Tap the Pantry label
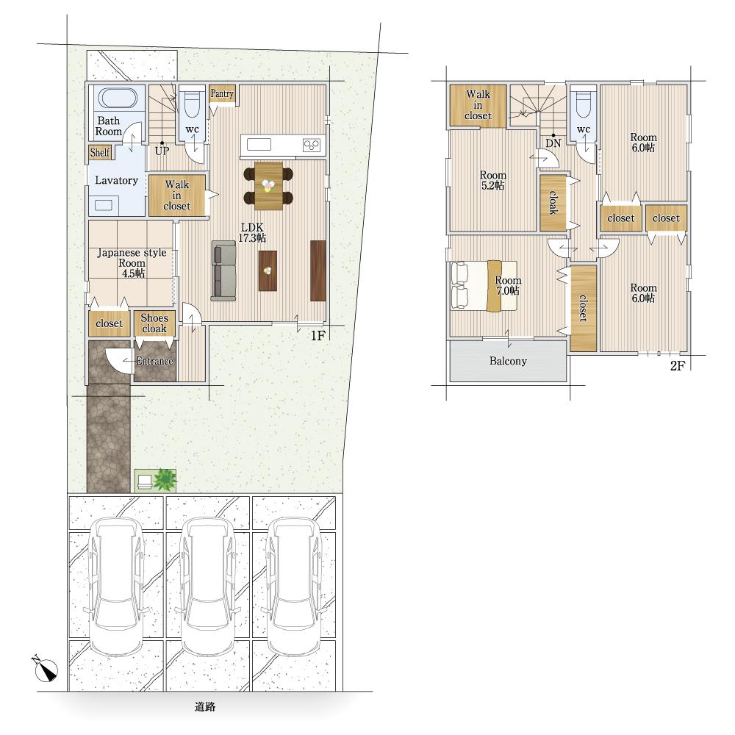tap(222, 93)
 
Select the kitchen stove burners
tap(312, 145)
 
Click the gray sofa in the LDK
tap(223, 270)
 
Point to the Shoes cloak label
tap(154, 323)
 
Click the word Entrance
tap(154, 361)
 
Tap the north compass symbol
tap(46, 668)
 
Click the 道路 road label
tap(205, 706)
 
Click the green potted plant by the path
tap(164, 480)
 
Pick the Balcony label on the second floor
tap(508, 361)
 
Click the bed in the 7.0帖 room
tap(484, 285)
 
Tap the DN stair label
tap(553, 143)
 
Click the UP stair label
tap(162, 151)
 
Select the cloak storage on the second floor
tap(553, 203)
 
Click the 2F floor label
tap(678, 365)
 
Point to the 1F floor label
tap(318, 336)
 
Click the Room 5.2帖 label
tap(493, 180)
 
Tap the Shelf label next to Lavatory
tap(100, 152)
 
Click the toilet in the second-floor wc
tap(584, 105)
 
